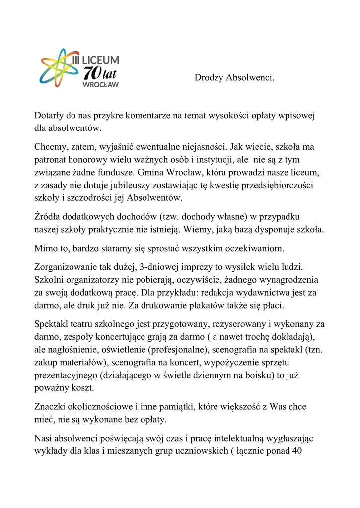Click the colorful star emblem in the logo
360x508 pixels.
coord(59,67)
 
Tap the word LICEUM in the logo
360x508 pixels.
coord(100,60)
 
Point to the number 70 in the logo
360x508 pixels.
coord(92,73)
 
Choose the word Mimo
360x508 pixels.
coord(46,248)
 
